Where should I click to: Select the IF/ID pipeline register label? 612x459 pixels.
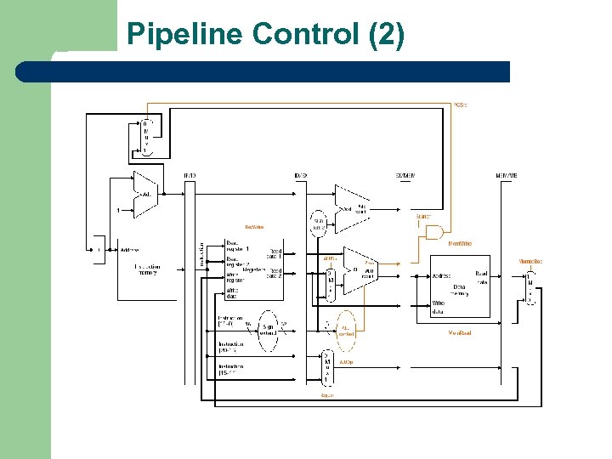pyautogui.click(x=190, y=176)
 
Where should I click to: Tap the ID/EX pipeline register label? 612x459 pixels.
pyautogui.click(x=300, y=176)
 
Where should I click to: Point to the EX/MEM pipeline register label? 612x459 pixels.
pyautogui.click(x=405, y=176)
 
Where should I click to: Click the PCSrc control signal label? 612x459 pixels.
pyautogui.click(x=460, y=105)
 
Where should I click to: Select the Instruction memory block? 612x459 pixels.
pyautogui.click(x=146, y=268)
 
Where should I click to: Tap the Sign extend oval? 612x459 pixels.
pyautogui.click(x=268, y=329)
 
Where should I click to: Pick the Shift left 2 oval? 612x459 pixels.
pyautogui.click(x=319, y=223)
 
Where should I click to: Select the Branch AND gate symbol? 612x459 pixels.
pyautogui.click(x=434, y=232)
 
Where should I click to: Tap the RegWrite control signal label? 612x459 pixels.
pyautogui.click(x=253, y=227)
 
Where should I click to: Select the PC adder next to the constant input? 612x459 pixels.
pyautogui.click(x=145, y=194)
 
